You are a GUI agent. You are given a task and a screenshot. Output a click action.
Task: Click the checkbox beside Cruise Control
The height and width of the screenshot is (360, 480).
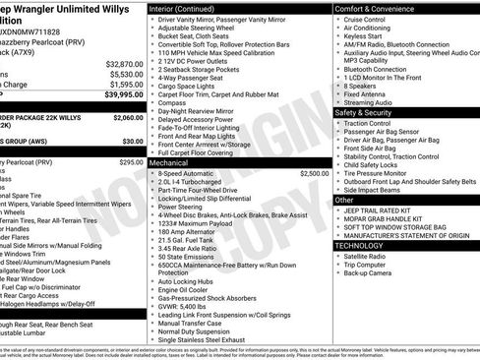click(x=337, y=19)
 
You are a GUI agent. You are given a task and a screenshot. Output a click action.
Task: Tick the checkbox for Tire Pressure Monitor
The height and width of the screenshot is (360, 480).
click(x=337, y=171)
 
